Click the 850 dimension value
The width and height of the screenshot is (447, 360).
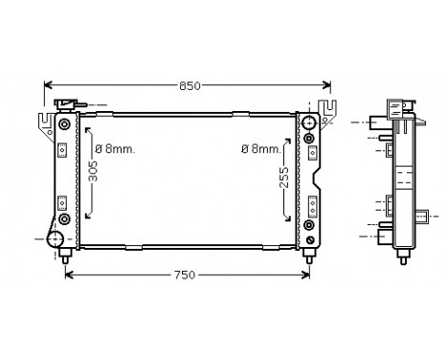[190, 86]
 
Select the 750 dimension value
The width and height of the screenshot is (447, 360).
[185, 275]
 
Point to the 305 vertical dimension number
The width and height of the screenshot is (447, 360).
[93, 171]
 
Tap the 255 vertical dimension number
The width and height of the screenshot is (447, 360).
[283, 177]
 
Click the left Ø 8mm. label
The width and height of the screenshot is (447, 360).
[115, 149]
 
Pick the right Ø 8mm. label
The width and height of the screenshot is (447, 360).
[261, 149]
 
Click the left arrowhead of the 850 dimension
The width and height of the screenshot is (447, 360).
[48, 85]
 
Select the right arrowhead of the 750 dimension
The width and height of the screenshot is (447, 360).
[305, 275]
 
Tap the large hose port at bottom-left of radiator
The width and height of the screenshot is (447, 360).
[56, 238]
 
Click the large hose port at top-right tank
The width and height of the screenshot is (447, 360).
[308, 123]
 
